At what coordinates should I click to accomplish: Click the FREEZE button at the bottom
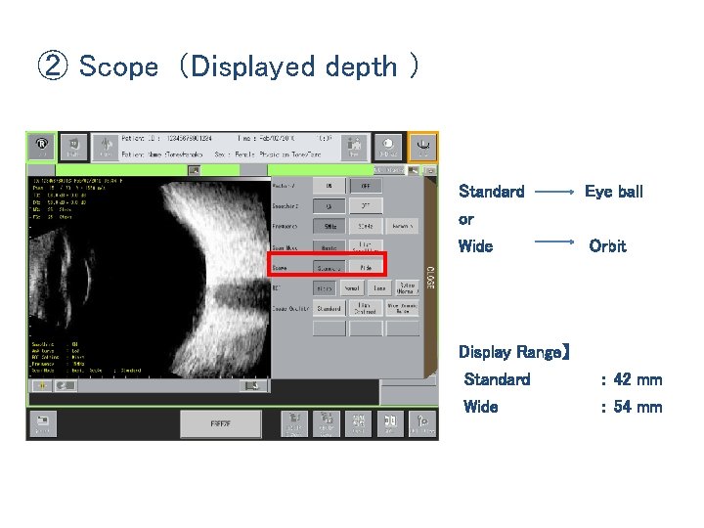(x=220, y=423)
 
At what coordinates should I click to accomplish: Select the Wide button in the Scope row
(x=366, y=266)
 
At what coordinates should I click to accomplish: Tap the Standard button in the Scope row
(x=329, y=266)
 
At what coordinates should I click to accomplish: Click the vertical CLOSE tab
(x=431, y=275)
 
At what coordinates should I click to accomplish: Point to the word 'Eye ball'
(x=613, y=192)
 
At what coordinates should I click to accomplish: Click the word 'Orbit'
(x=607, y=246)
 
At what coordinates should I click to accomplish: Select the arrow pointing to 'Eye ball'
(x=554, y=193)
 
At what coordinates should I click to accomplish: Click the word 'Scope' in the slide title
(x=118, y=66)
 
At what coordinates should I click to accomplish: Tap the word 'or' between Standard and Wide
(x=466, y=219)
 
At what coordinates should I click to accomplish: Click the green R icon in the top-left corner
(x=42, y=147)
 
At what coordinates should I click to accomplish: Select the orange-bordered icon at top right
(x=422, y=147)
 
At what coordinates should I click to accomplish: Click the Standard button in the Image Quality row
(x=329, y=308)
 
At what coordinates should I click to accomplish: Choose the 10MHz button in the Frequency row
(x=329, y=226)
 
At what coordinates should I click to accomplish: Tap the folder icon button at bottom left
(x=43, y=423)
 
